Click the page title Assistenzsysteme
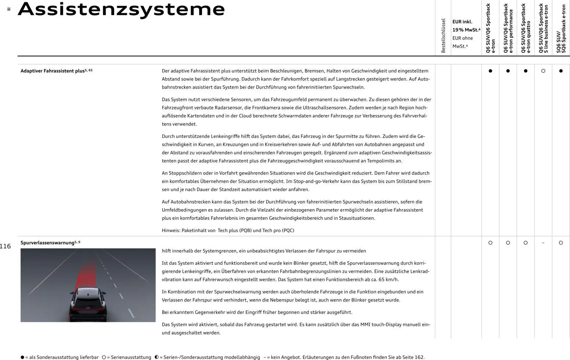121,9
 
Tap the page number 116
6,246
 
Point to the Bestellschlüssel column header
443,36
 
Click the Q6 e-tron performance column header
508,29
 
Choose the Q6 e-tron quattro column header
526,29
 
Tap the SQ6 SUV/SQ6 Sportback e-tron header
561,29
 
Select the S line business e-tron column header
543,29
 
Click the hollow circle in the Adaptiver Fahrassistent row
543,71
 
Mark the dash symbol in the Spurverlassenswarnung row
543,243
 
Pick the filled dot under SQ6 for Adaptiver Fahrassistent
561,71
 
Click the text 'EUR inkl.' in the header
462,22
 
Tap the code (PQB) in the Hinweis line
245,231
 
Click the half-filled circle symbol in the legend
157,357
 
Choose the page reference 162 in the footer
419,357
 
